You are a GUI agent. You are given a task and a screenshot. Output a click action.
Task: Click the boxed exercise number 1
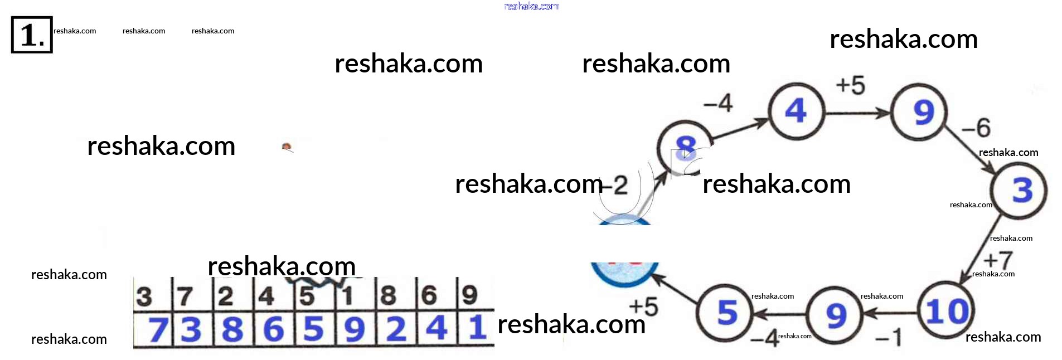tap(32, 35)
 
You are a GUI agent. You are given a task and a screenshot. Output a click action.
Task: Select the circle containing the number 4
tap(796, 111)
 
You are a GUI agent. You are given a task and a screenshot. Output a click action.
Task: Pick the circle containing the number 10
tap(947, 312)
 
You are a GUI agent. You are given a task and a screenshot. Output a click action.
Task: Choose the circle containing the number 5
tap(726, 313)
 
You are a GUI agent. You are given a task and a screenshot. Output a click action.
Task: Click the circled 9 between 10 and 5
tap(836, 315)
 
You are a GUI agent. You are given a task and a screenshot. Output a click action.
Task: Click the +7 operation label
tap(998, 260)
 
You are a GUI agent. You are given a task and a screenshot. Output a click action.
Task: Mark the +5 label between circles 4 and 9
tap(851, 86)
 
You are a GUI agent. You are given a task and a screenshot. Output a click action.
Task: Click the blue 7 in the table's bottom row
tap(158, 329)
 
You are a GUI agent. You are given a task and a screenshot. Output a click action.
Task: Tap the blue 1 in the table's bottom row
tap(477, 328)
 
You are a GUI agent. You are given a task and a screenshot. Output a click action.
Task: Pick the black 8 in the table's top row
tap(388, 295)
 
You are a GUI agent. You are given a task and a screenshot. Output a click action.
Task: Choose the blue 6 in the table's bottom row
tap(273, 329)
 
